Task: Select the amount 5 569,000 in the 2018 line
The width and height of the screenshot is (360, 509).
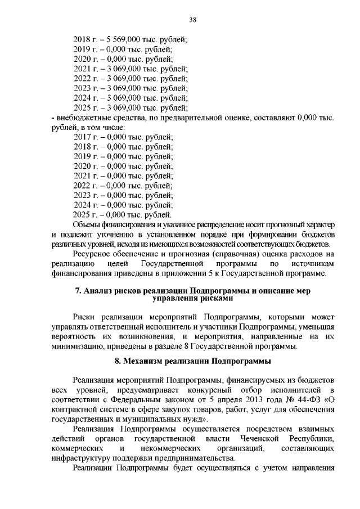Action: coord(116,39)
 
